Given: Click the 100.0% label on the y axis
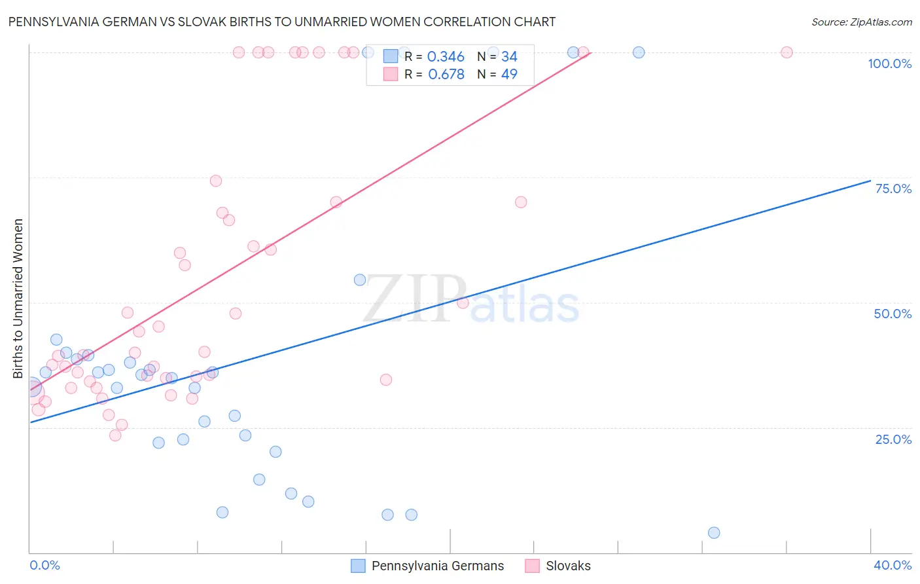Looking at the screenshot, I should (x=889, y=64).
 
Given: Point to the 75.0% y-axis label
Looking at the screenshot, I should (x=893, y=189).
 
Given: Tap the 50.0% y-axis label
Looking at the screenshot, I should (x=893, y=314).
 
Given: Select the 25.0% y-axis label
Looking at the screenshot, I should (x=893, y=439).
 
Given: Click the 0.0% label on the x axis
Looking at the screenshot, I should (x=44, y=565).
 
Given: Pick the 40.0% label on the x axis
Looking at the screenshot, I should (x=892, y=565).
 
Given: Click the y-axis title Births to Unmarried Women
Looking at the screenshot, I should (x=18, y=299).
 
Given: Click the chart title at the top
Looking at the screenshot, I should (x=281, y=22).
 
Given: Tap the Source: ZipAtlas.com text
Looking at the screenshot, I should (x=861, y=22).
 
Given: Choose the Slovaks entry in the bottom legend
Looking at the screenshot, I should (x=568, y=566).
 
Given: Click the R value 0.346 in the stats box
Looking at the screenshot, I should (x=446, y=57).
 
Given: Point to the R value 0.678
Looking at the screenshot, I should (x=446, y=75).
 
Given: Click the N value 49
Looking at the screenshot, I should (x=509, y=75).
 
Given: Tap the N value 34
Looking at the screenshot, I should (x=509, y=57).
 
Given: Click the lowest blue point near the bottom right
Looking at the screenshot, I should (x=714, y=533).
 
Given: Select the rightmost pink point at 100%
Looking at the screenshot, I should (x=787, y=52).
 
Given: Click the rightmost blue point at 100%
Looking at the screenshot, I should (x=639, y=52).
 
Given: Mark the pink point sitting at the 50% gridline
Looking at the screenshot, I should (x=463, y=302).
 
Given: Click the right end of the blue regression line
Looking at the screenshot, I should (x=870, y=181).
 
